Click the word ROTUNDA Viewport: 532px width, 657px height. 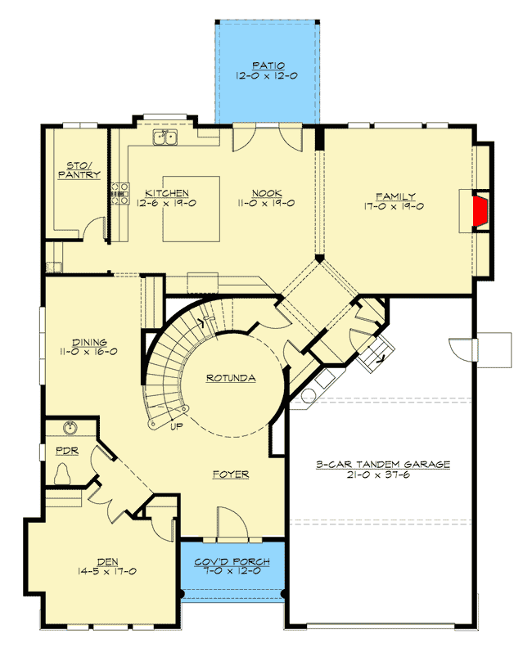pyautogui.click(x=231, y=378)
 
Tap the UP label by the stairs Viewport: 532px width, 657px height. pyautogui.click(x=175, y=426)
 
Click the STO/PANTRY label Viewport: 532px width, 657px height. pyautogui.click(x=79, y=169)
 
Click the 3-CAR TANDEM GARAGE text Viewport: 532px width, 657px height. pyautogui.click(x=383, y=465)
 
